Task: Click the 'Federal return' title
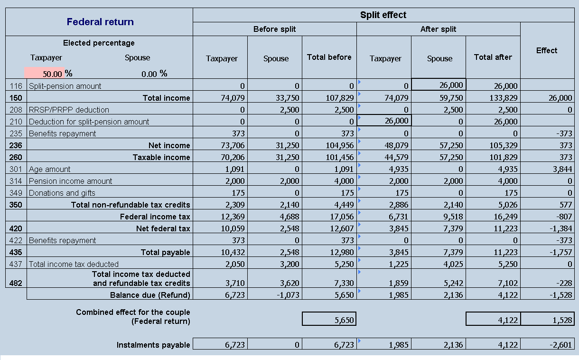coord(100,22)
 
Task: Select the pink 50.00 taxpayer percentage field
coord(44,73)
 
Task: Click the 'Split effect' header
coord(383,15)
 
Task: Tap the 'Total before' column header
coord(329,57)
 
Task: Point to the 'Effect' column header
coord(547,50)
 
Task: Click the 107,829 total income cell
coord(340,98)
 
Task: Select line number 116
coord(16,86)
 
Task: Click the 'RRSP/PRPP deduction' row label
coord(69,110)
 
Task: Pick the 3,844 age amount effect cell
coord(562,169)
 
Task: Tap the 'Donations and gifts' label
coord(62,193)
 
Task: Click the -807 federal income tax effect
coord(564,217)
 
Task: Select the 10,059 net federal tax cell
coord(233,228)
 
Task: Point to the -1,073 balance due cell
coord(288,295)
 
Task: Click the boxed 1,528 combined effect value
coord(562,320)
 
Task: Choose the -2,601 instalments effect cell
coord(560,345)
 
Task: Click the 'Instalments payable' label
coord(153,345)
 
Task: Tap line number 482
coord(16,283)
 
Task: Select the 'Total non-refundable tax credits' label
coord(131,205)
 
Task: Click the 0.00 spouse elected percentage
coord(149,74)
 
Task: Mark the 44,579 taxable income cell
coord(396,157)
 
